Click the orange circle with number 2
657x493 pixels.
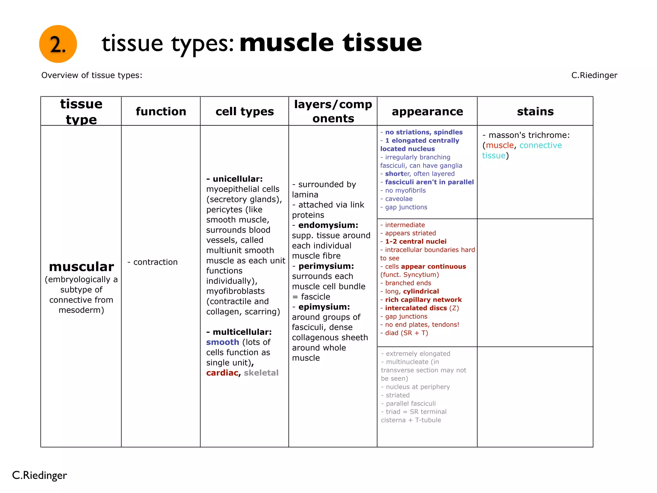tap(58, 44)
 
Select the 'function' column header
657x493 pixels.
tap(161, 111)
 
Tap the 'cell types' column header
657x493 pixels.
tap(244, 111)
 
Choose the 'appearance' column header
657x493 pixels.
tap(427, 111)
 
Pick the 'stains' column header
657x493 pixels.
tap(535, 111)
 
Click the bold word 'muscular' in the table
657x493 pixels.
tap(81, 266)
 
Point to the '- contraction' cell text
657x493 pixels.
tap(153, 262)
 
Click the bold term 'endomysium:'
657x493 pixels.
tap(328, 225)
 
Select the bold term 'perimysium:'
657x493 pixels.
tap(326, 266)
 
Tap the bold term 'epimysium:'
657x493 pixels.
tap(324, 307)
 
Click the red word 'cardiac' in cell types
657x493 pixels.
tap(222, 373)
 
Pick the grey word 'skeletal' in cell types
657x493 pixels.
tap(261, 373)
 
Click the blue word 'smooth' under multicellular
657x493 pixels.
tap(223, 342)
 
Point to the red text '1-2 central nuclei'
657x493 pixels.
tap(415, 241)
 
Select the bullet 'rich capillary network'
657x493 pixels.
tap(423, 300)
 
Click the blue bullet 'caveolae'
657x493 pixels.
tap(399, 199)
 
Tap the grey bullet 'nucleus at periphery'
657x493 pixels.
tap(418, 387)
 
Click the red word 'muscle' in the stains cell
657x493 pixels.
tap(499, 145)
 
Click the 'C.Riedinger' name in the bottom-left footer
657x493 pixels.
tap(39, 475)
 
